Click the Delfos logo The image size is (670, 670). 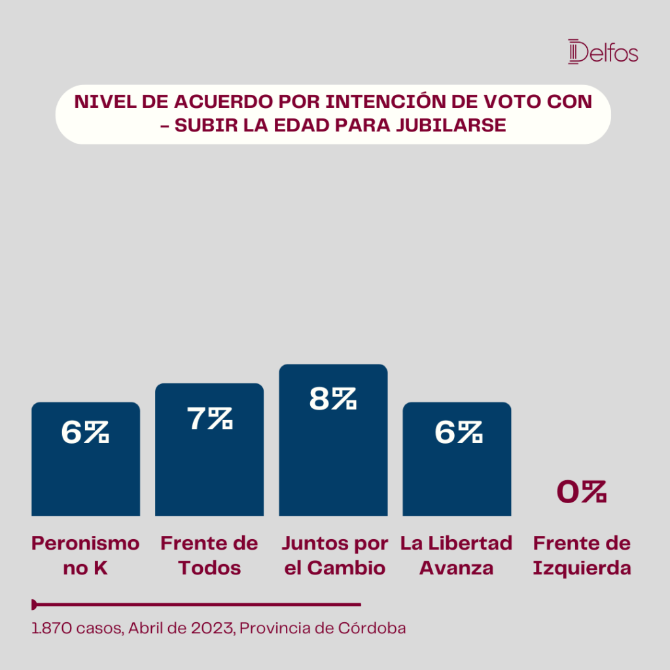pyautogui.click(x=603, y=52)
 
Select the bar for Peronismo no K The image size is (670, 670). pyautogui.click(x=86, y=459)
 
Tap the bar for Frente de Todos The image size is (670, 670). pyautogui.click(x=209, y=450)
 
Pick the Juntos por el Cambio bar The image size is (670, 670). pyautogui.click(x=333, y=440)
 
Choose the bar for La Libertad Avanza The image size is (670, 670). pyautogui.click(x=457, y=459)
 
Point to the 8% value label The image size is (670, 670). pyautogui.click(x=333, y=398)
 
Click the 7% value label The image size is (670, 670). pyautogui.click(x=210, y=418)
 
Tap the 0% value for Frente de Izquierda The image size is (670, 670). pyautogui.click(x=582, y=491)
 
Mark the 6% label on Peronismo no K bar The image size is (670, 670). pyautogui.click(x=85, y=432)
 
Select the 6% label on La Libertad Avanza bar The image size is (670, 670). pyautogui.click(x=459, y=432)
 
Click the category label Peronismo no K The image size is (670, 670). pyautogui.click(x=86, y=555)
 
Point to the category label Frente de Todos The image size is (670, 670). pyautogui.click(x=209, y=555)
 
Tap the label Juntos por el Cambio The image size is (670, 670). pyautogui.click(x=335, y=555)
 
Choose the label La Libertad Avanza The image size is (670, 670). pyautogui.click(x=456, y=555)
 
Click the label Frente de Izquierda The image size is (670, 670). pyautogui.click(x=582, y=555)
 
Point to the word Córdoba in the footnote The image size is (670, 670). pyautogui.click(x=372, y=628)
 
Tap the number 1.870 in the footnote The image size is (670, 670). pyautogui.click(x=52, y=629)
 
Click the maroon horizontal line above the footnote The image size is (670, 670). pyautogui.click(x=196, y=605)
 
